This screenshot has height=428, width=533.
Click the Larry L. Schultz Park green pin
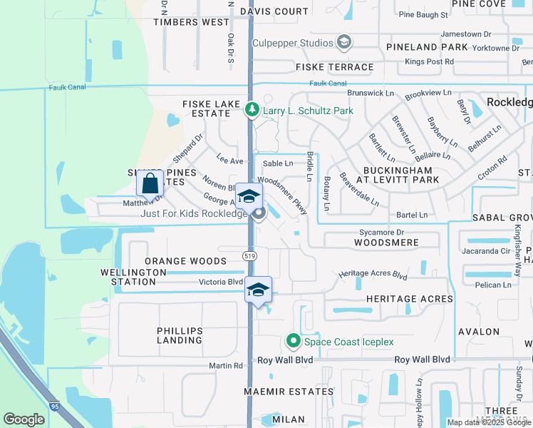pyautogui.click(x=252, y=111)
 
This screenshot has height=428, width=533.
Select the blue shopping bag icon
pyautogui.click(x=150, y=183)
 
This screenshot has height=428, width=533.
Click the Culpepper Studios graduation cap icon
pyautogui.click(x=344, y=43)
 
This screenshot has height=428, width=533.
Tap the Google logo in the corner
pyautogui.click(x=24, y=419)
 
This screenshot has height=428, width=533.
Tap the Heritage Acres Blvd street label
pyautogui.click(x=373, y=275)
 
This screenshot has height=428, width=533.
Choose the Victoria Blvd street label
pyautogui.click(x=220, y=282)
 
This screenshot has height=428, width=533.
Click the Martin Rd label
pyautogui.click(x=226, y=366)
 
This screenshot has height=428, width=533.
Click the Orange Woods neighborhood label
pyautogui.click(x=185, y=261)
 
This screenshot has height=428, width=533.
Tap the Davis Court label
pyautogui.click(x=274, y=11)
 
